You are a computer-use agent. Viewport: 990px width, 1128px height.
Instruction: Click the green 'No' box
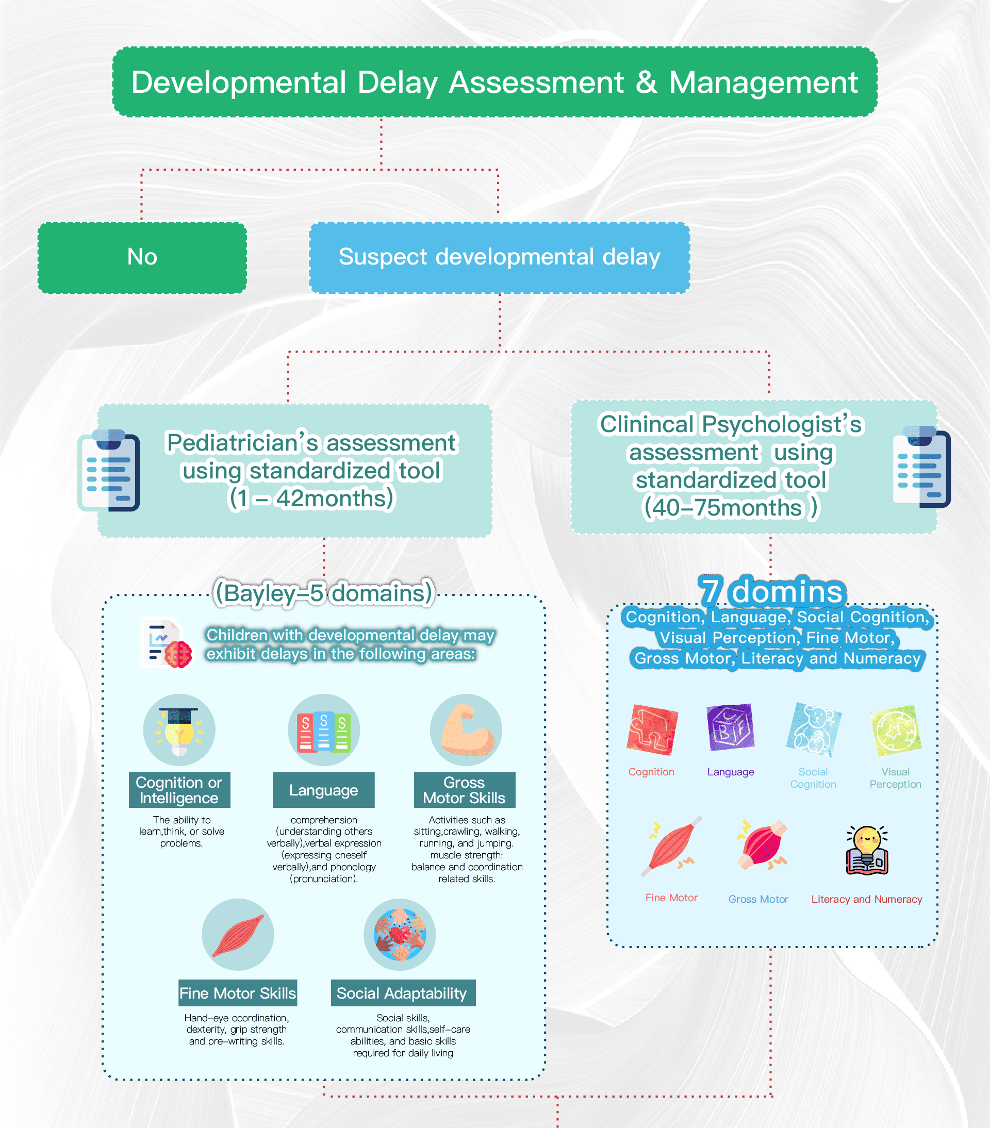click(x=142, y=257)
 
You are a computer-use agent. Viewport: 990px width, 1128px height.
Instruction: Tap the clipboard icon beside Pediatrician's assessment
click(x=109, y=470)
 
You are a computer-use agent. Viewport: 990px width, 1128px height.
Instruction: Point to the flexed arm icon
click(x=466, y=729)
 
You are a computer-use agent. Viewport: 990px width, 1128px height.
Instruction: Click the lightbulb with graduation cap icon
click(x=179, y=729)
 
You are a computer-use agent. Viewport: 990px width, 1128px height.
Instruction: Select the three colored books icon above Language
click(x=323, y=730)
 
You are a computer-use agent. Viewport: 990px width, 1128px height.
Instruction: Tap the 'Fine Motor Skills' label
click(x=237, y=993)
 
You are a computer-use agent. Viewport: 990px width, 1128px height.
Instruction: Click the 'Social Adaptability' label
click(x=402, y=993)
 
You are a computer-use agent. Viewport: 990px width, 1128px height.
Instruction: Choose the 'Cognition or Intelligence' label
click(x=179, y=790)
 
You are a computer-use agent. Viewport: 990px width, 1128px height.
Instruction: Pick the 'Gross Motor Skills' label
click(x=464, y=790)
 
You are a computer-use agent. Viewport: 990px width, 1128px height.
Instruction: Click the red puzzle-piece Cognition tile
click(x=652, y=729)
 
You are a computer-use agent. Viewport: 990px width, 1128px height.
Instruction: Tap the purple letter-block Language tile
click(x=730, y=727)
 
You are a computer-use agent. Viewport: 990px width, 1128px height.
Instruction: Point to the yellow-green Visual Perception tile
click(x=895, y=729)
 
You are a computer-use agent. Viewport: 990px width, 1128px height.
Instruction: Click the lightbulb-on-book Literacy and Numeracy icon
click(x=866, y=851)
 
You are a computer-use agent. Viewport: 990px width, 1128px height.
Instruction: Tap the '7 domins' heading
click(x=771, y=590)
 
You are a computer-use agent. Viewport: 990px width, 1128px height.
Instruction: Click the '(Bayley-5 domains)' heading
click(x=324, y=593)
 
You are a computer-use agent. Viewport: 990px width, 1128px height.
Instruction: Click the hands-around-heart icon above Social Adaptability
click(x=400, y=935)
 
